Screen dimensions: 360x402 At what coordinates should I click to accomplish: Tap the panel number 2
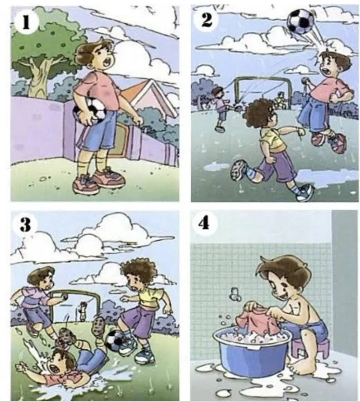(206, 20)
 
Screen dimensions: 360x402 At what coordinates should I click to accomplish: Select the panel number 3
(26, 224)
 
